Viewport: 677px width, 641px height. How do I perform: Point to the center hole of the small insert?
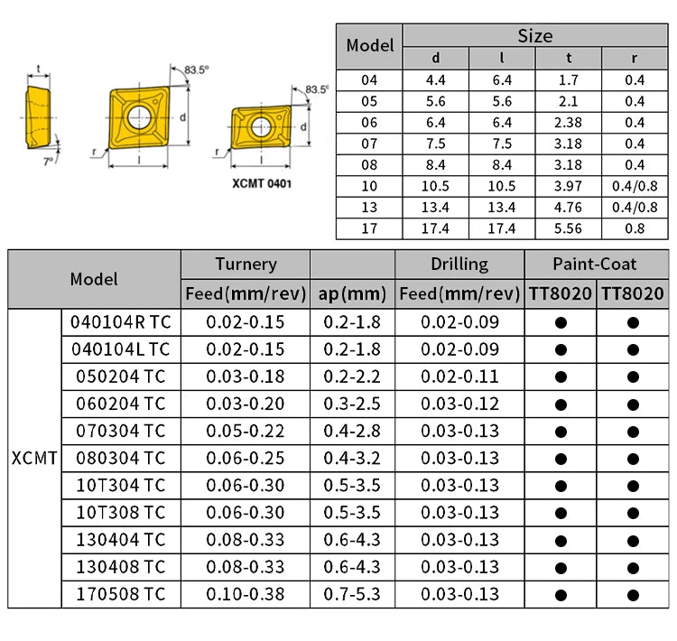[259, 125]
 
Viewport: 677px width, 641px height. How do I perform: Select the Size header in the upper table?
[534, 36]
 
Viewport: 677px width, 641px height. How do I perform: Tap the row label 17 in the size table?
[369, 228]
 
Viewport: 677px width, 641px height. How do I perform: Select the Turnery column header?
[246, 265]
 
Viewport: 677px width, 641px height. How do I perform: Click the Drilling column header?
[459, 265]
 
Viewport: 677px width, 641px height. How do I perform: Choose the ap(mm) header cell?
[352, 293]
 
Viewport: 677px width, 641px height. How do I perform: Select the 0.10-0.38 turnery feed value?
[246, 595]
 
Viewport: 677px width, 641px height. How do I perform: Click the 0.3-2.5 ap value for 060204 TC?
[352, 404]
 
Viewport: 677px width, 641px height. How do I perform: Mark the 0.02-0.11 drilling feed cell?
[459, 376]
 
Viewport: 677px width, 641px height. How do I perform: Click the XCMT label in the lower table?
[34, 459]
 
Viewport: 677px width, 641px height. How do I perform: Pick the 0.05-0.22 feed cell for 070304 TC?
[246, 431]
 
